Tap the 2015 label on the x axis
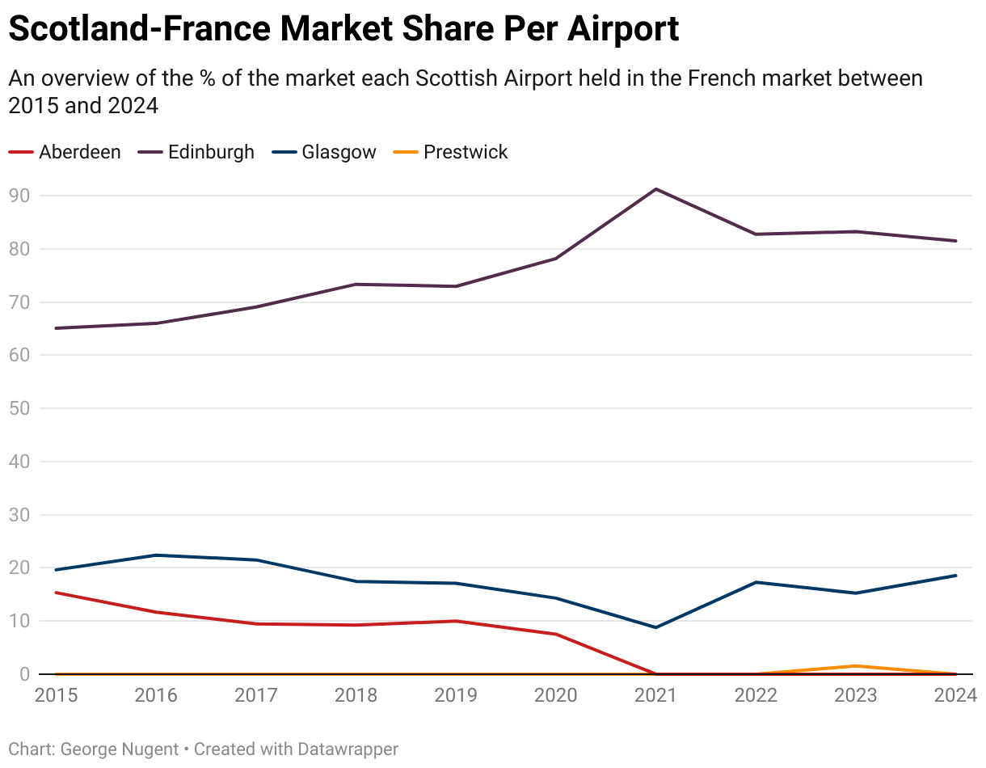pyautogui.click(x=56, y=695)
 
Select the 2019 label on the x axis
pyautogui.click(x=456, y=695)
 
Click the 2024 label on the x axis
pyautogui.click(x=956, y=695)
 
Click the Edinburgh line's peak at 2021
pyautogui.click(x=656, y=189)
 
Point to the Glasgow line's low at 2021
pyautogui.click(x=656, y=627)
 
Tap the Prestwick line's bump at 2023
pyautogui.click(x=856, y=666)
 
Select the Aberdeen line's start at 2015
pyautogui.click(x=56, y=593)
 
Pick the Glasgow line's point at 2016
pyautogui.click(x=156, y=555)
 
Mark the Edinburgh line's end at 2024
pyautogui.click(x=956, y=241)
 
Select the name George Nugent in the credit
pyautogui.click(x=120, y=749)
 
